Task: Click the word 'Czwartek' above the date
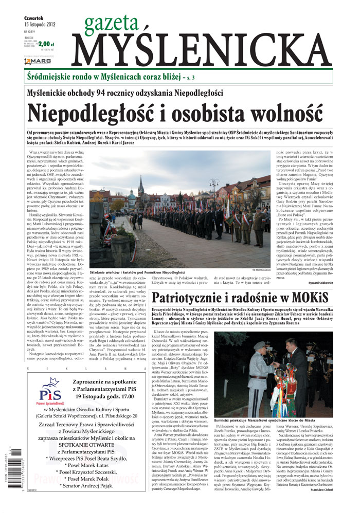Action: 34,17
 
